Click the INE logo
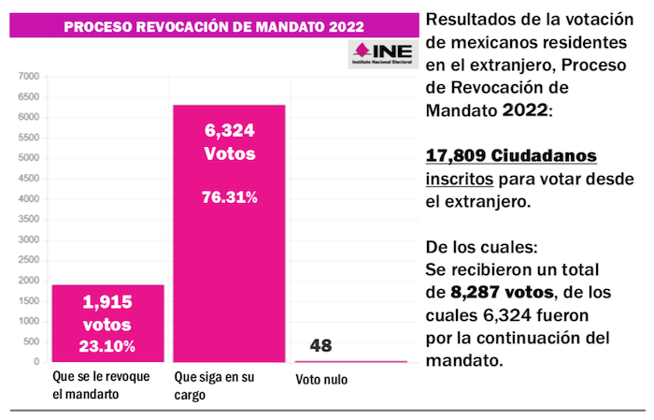(382, 52)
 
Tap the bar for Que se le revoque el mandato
(108, 323)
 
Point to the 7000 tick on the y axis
(29, 77)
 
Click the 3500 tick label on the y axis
(29, 219)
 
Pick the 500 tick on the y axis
(32, 341)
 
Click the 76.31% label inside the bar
(229, 197)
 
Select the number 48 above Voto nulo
(322, 346)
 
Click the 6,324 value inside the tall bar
(229, 131)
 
